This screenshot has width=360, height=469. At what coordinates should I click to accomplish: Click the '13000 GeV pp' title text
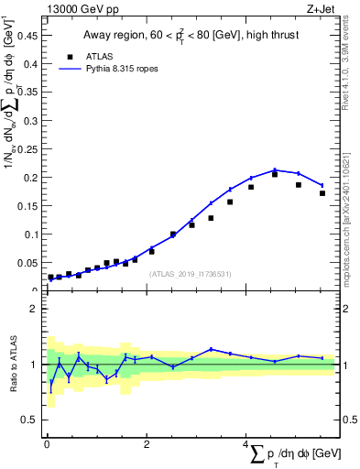tap(82, 8)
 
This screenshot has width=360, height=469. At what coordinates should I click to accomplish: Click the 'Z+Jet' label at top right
tap(321, 8)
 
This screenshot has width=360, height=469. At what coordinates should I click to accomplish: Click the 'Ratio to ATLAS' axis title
tap(13, 365)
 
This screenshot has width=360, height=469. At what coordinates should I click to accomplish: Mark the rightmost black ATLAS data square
tap(322, 193)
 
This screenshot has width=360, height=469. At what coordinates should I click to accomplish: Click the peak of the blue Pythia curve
tap(274, 169)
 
